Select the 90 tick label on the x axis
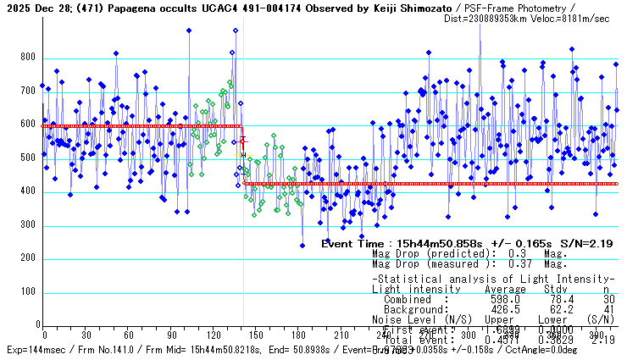click(x=173, y=334)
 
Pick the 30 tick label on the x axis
click(x=86, y=334)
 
